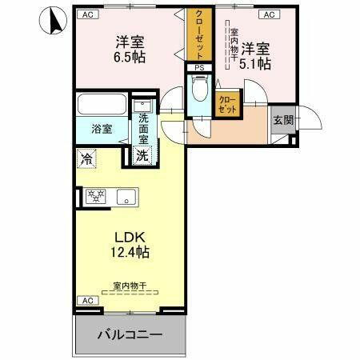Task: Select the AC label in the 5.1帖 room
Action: (x=268, y=14)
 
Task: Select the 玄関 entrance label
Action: (x=282, y=120)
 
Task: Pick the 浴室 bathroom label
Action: (x=100, y=127)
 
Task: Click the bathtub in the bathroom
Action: (x=101, y=106)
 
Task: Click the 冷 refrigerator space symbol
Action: (x=86, y=158)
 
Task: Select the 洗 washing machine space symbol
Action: (x=142, y=156)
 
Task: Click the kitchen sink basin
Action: (x=127, y=196)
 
